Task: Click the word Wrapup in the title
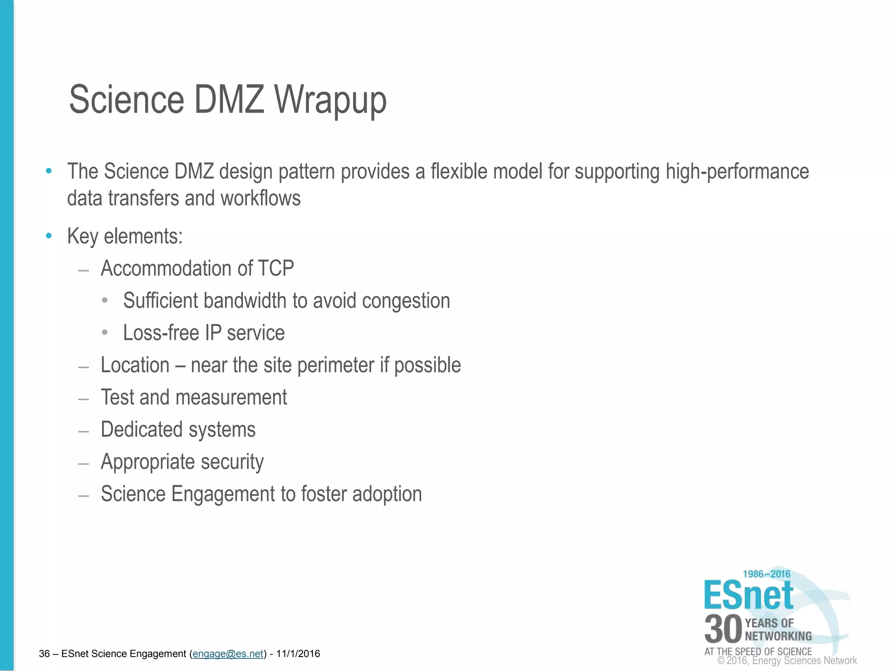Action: pos(330,100)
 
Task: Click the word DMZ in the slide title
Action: pos(229,100)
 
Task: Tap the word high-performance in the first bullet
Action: pos(737,171)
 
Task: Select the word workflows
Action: pos(260,198)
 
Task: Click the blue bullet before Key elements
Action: pos(49,236)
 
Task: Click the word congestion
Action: pos(406,301)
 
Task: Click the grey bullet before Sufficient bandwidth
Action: pos(104,301)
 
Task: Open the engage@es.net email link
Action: pos(228,654)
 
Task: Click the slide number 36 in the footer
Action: pos(44,654)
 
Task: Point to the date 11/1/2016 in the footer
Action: pos(298,654)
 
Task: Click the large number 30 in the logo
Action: pos(723,629)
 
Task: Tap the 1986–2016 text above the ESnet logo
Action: pos(767,574)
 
